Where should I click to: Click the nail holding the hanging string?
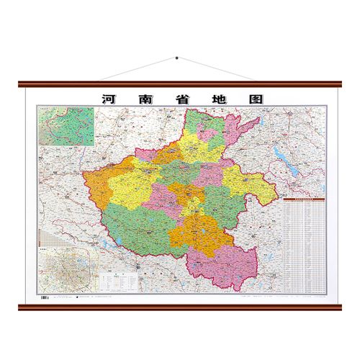coord(176,58)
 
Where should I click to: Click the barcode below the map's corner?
coord(45,295)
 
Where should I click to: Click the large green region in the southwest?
coord(137,216)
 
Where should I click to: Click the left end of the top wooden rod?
coord(22,84)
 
